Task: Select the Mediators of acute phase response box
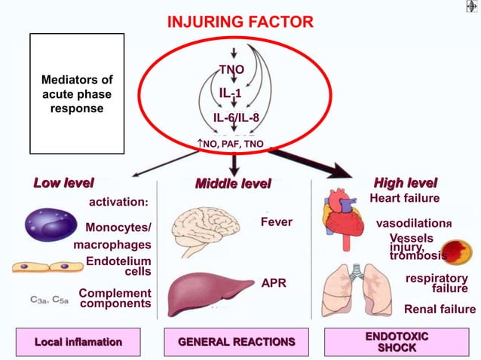click(x=76, y=93)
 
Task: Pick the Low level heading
click(x=64, y=183)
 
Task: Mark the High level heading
click(x=406, y=183)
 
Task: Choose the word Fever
click(x=276, y=223)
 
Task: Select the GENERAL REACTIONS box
click(x=237, y=342)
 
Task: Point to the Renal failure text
click(x=440, y=309)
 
